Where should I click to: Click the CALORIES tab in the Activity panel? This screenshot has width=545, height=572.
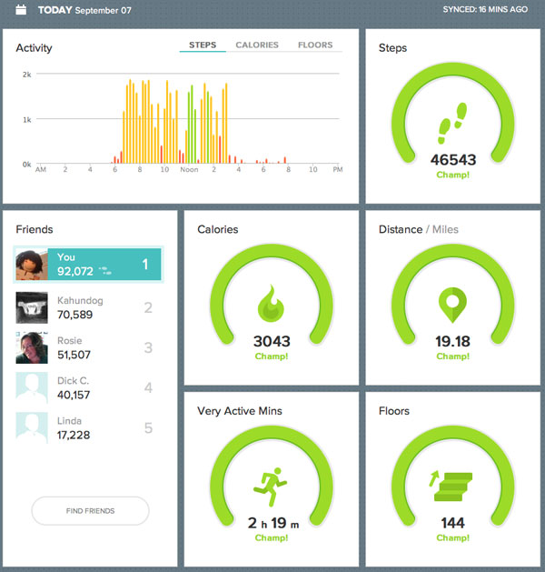click(256, 45)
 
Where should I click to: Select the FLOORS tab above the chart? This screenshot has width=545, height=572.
click(315, 45)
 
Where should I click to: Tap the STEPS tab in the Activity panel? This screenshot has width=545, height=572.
click(203, 45)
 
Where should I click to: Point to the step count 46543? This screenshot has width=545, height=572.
click(452, 160)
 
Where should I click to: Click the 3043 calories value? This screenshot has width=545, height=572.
click(271, 342)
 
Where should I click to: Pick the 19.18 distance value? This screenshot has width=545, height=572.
click(452, 342)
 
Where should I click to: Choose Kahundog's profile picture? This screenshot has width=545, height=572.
click(32, 307)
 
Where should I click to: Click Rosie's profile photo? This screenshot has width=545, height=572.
click(32, 348)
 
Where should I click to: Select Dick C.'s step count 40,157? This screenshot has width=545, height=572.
click(78, 395)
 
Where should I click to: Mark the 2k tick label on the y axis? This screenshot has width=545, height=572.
click(27, 74)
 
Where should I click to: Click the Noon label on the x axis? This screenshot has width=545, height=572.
click(189, 170)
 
